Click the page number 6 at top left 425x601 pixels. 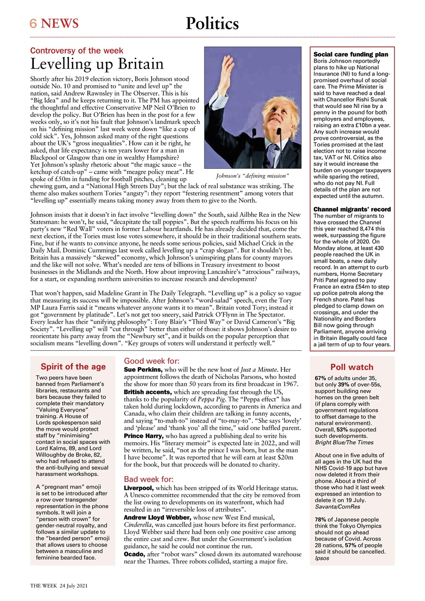click(33, 23)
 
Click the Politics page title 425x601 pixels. click(212, 23)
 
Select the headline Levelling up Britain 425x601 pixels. click(97, 64)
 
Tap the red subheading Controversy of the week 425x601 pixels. click(77, 51)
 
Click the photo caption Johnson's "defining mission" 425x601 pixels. click(252, 176)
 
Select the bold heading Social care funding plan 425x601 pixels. click(351, 54)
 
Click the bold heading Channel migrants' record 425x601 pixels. click(352, 209)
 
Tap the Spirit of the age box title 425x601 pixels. click(73, 367)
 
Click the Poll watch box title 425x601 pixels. click(352, 367)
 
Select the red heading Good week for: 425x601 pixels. click(151, 361)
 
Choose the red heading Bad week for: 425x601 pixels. click(148, 479)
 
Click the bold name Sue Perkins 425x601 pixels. click(143, 370)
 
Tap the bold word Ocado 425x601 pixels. click(134, 555)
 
